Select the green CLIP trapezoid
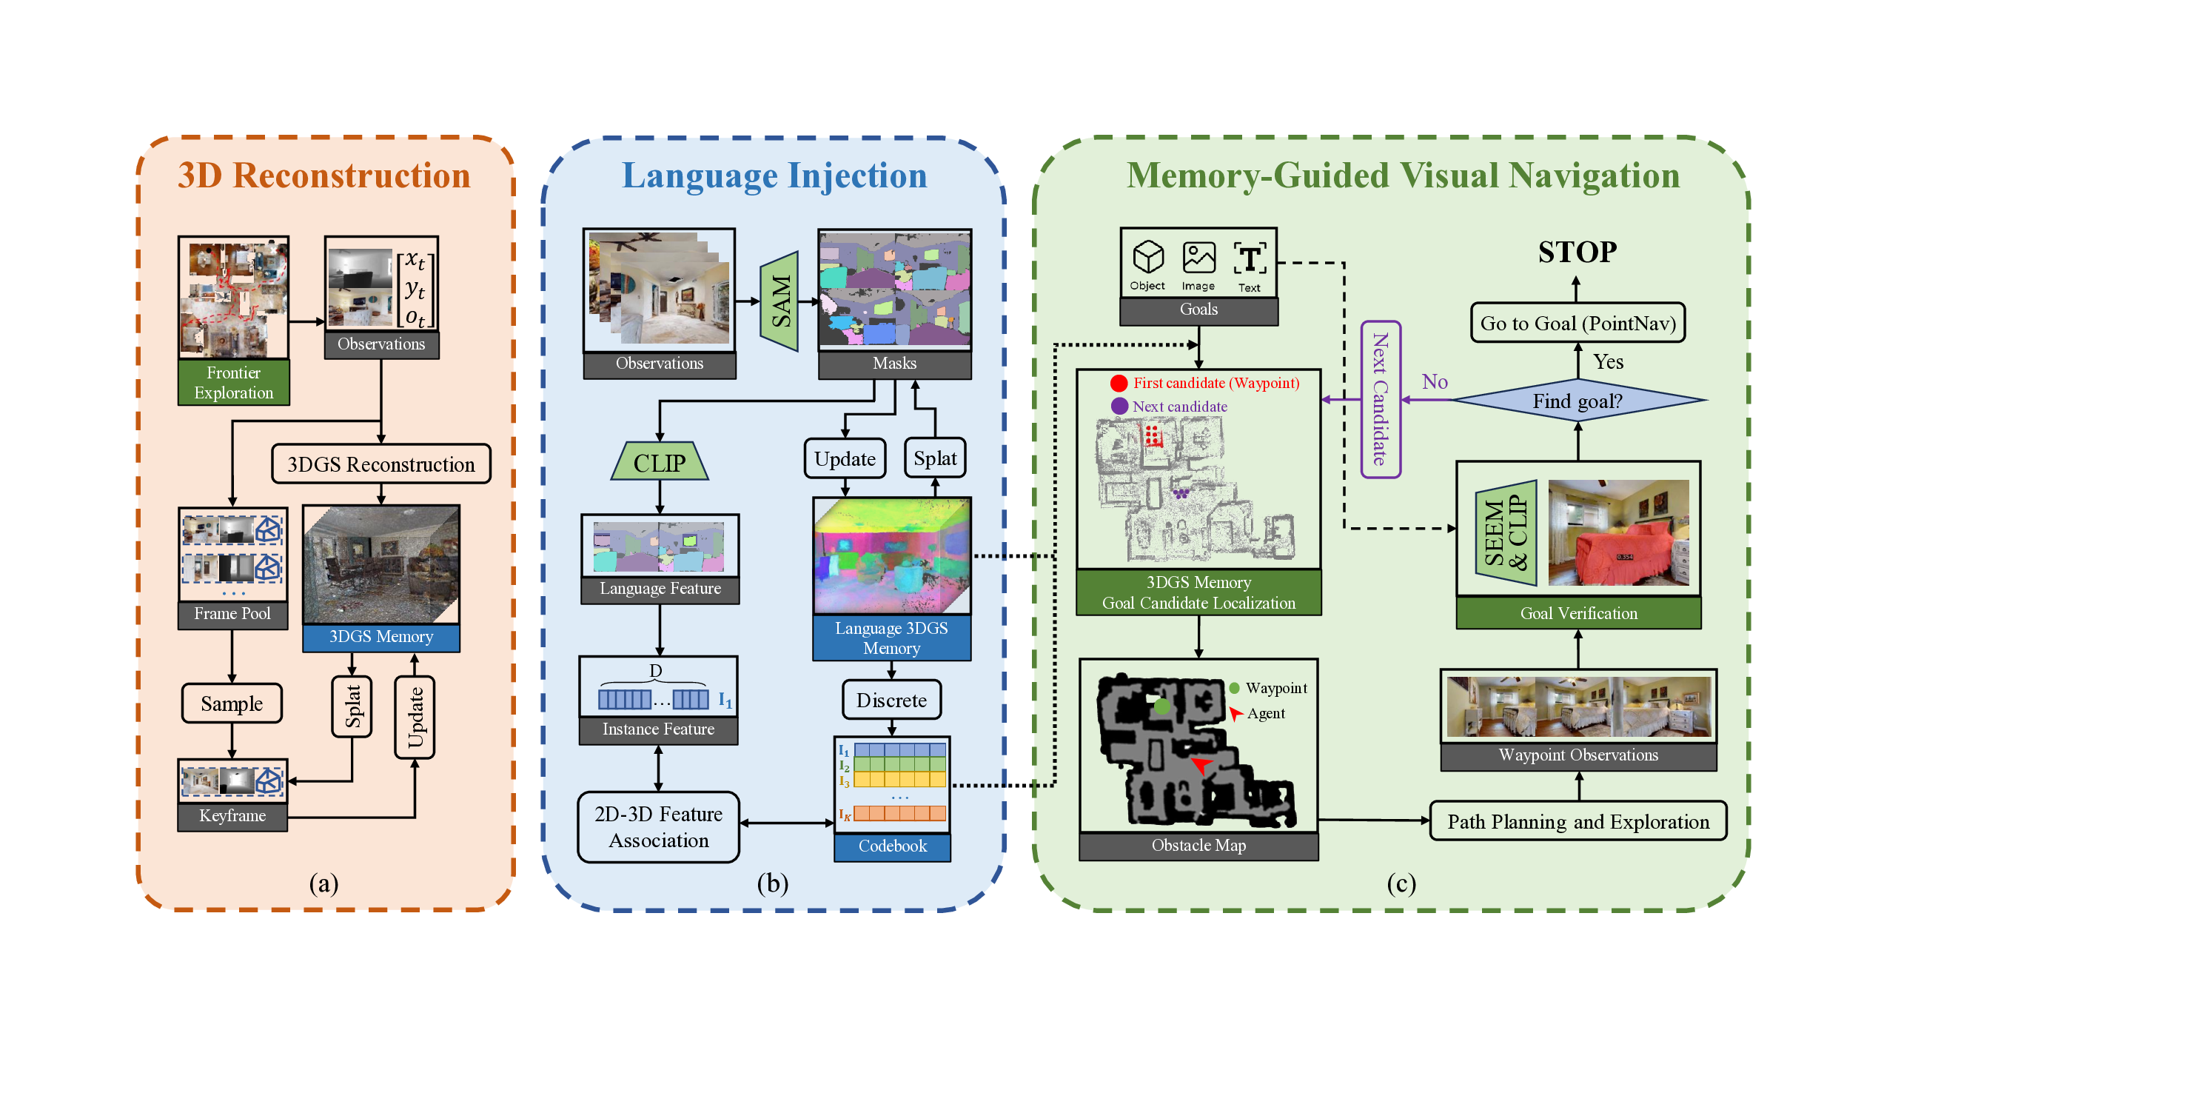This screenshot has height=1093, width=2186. pos(660,463)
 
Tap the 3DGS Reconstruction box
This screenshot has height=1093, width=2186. pos(381,464)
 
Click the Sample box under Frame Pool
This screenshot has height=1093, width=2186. pos(232,703)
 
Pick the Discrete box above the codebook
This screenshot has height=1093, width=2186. pos(891,700)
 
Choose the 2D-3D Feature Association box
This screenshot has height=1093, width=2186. pos(659,827)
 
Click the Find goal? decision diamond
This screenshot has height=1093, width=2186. pos(1578,401)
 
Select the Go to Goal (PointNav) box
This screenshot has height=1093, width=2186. pos(1578,324)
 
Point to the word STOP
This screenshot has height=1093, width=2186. pos(1578,252)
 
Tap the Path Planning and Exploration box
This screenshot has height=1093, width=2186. pos(1578,821)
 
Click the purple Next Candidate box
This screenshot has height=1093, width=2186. pos(1381,400)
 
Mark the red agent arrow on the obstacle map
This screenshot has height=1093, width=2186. pos(1201,766)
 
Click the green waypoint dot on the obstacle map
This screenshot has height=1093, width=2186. pos(1161,706)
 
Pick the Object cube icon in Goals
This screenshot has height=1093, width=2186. pos(1148,257)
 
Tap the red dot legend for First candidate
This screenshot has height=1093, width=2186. pos(1119,384)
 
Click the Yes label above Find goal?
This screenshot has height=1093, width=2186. pos(1608,362)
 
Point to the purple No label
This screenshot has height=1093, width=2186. pos(1435,382)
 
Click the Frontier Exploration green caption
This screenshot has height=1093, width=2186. pos(233,383)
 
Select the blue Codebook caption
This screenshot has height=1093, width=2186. pos(892,846)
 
